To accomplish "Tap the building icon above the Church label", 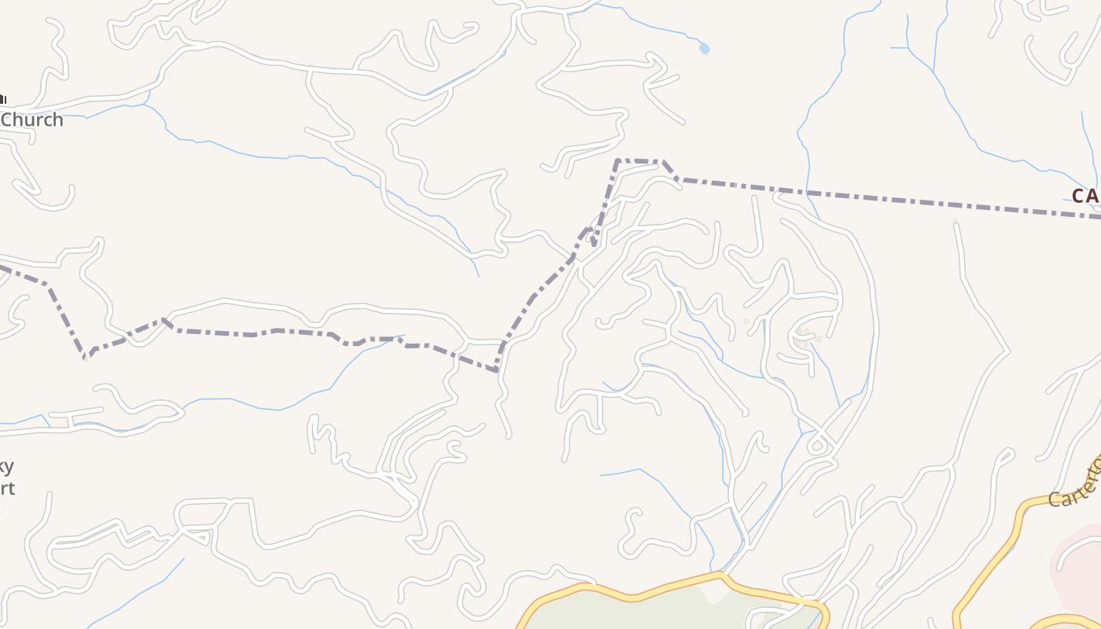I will [x=2, y=99].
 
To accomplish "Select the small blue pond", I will [x=705, y=49].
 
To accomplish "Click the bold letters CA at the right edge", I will [x=1086, y=197].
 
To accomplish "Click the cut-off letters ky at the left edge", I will [x=6, y=467].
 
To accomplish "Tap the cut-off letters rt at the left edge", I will [x=6, y=488].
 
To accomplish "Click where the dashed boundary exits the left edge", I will [x=2, y=267].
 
